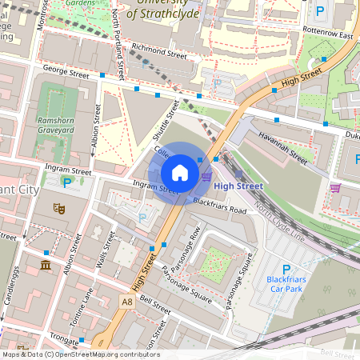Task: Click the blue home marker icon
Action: (x=180, y=173)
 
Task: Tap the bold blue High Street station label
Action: (x=238, y=186)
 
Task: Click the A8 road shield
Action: (x=127, y=302)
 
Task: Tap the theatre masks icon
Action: (x=58, y=208)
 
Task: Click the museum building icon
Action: (x=45, y=265)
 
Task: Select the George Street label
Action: (x=66, y=73)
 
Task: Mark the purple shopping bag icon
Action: (x=335, y=188)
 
